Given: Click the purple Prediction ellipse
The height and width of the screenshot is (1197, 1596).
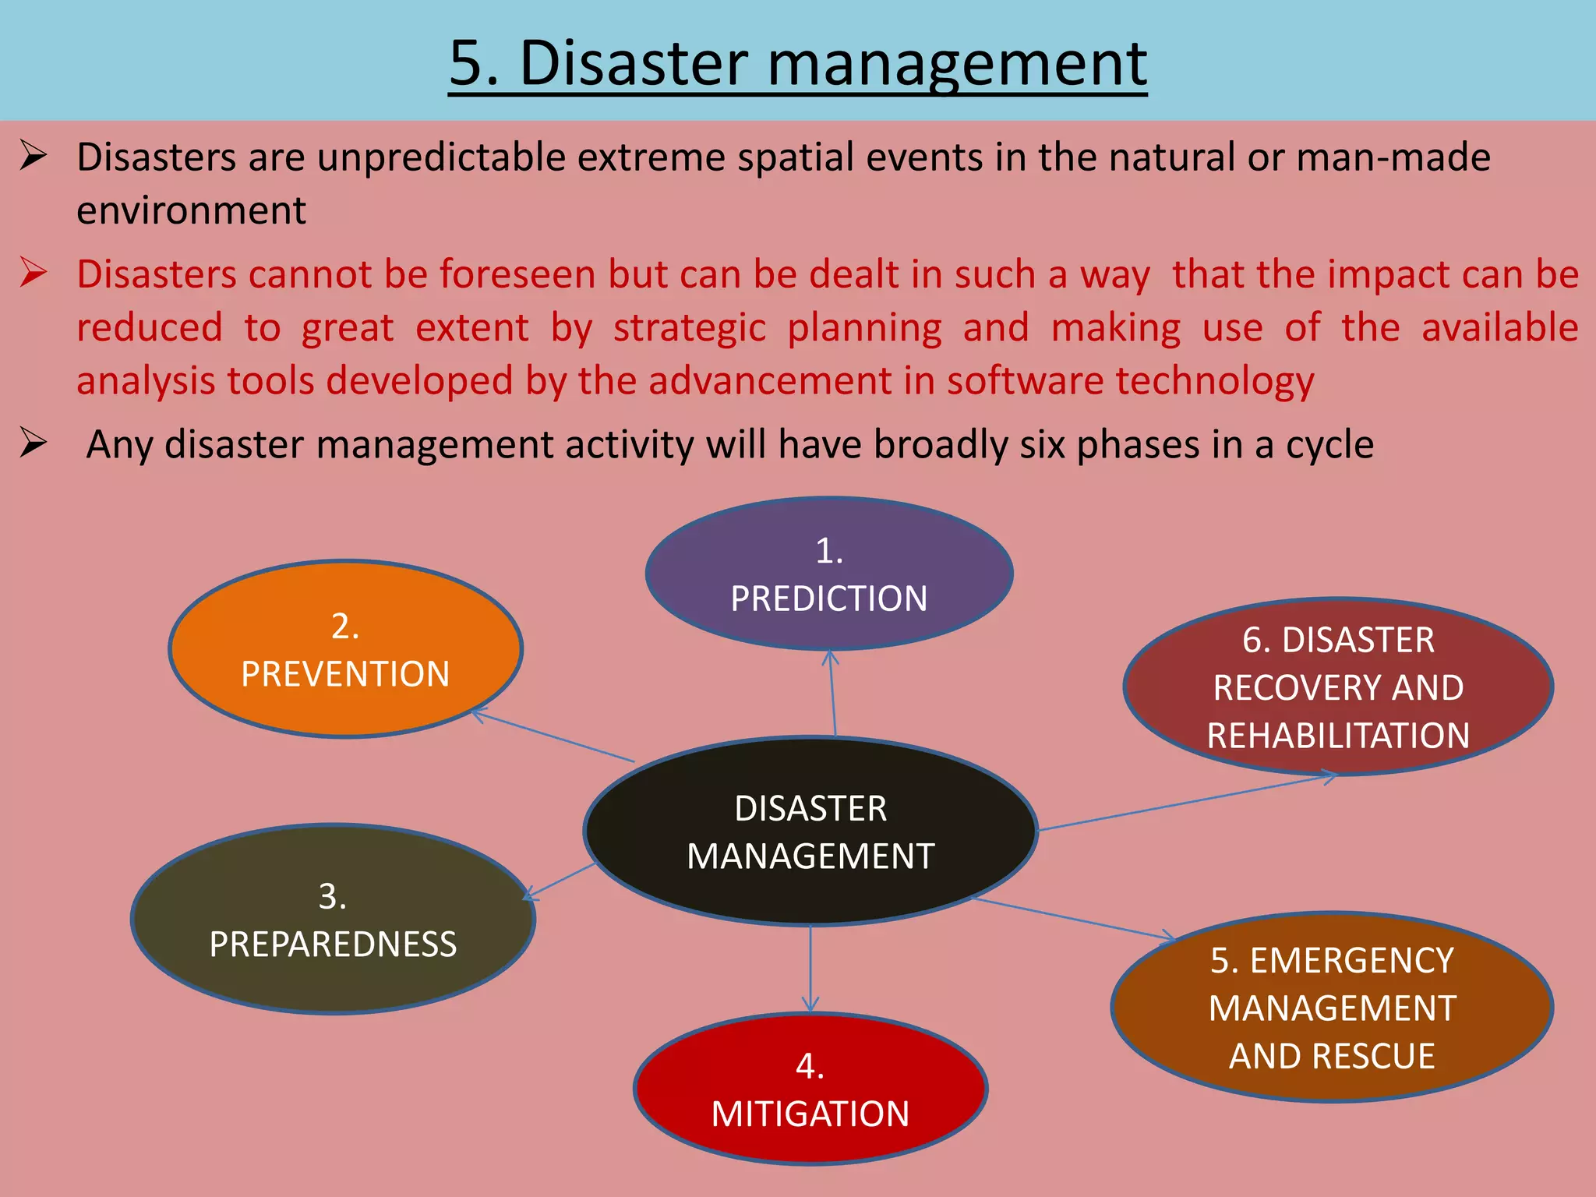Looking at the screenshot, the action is [x=829, y=574].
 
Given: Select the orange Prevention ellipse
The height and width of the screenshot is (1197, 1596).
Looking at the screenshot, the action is [x=345, y=649].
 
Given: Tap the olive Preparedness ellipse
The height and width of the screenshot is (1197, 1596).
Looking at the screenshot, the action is [x=333, y=920].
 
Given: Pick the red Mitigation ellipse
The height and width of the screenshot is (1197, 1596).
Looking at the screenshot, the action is [x=810, y=1089].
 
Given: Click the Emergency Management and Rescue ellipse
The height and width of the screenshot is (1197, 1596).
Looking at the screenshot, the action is [x=1332, y=1008].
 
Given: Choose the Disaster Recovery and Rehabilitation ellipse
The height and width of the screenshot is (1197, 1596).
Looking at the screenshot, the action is [x=1338, y=687].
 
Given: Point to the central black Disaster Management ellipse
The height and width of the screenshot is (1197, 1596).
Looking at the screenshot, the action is [x=810, y=832].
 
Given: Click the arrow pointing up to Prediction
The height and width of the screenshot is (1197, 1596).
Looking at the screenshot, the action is [x=832, y=694].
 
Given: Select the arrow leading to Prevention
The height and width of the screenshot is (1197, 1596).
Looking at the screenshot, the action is [x=553, y=736].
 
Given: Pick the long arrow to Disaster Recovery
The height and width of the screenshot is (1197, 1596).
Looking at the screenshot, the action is [x=1185, y=802].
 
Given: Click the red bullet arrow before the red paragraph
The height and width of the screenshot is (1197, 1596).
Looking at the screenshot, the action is [x=34, y=273].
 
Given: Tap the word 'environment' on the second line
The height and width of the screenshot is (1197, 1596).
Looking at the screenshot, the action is [x=191, y=210].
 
